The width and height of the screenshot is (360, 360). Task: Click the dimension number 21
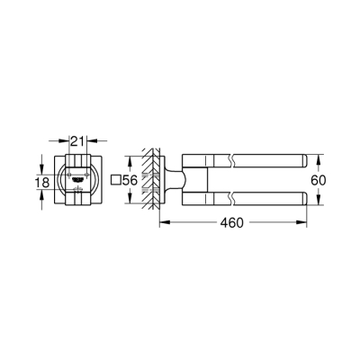(79, 142)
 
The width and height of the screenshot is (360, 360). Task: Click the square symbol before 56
(113, 181)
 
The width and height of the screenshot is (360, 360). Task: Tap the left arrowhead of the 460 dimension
(163, 220)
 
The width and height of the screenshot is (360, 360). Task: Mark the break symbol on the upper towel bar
(237, 160)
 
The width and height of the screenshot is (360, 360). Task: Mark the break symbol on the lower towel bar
(237, 200)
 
